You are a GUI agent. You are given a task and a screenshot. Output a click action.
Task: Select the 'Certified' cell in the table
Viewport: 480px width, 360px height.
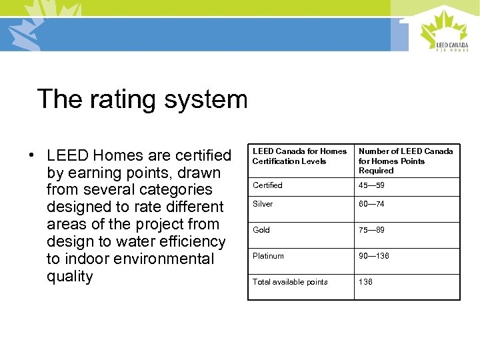pos(267,185)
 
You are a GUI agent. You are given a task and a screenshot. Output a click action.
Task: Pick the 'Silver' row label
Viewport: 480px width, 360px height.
pos(263,204)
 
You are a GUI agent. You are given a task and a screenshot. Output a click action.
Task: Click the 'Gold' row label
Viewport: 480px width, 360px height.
pos(261,230)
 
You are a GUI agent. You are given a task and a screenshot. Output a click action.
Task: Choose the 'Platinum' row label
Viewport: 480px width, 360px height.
pos(268,256)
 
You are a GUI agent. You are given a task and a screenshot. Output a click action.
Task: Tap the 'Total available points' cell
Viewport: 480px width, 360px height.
pos(290,282)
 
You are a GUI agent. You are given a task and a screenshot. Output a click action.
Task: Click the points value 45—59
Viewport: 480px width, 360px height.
pos(371,185)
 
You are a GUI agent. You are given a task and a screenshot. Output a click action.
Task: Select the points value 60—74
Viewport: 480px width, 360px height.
pos(371,204)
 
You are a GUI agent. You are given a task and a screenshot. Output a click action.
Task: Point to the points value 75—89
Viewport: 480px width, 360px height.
pos(371,230)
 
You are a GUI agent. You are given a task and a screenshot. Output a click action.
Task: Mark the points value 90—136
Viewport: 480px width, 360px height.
pos(373,256)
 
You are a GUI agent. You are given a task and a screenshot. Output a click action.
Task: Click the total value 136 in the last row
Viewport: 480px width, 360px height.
pos(365,282)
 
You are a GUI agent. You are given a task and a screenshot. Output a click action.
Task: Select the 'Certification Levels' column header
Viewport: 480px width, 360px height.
pos(299,156)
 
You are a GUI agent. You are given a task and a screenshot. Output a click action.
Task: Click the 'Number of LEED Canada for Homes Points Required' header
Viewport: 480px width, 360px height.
pos(405,161)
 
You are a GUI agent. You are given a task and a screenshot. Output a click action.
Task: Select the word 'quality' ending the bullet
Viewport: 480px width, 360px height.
pos(70,276)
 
